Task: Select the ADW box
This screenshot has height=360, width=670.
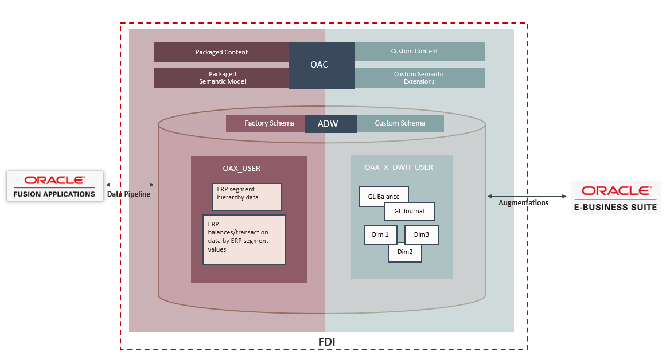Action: [330, 123]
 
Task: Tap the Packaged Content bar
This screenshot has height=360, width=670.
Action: [221, 52]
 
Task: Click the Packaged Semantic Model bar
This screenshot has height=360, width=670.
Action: [221, 78]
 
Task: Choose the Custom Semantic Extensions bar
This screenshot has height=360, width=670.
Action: [420, 78]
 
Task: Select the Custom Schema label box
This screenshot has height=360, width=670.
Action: [400, 123]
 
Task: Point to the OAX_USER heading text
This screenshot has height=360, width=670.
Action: [241, 169]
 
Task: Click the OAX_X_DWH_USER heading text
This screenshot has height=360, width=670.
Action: [399, 167]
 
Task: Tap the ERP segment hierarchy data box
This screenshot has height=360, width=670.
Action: [246, 197]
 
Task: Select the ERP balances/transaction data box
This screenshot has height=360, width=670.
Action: [244, 240]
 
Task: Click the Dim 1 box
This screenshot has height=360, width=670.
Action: [380, 234]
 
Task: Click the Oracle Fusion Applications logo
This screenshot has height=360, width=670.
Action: [55, 186]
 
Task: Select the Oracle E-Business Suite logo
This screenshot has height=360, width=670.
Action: [616, 197]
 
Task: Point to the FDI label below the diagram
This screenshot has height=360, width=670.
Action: [326, 342]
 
